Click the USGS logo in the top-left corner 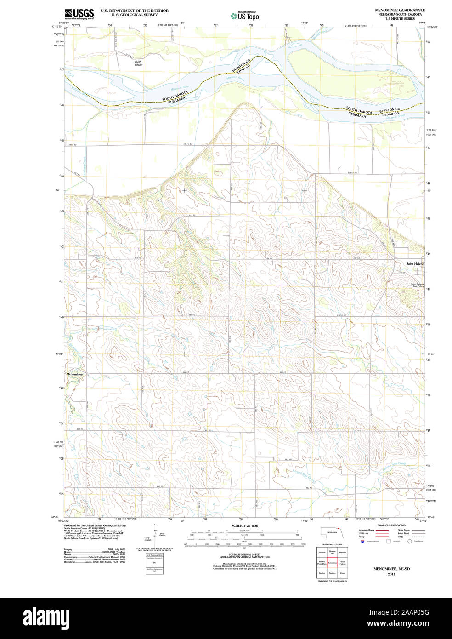click(x=79, y=14)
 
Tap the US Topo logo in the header click(x=244, y=16)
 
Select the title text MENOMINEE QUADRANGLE click(x=400, y=10)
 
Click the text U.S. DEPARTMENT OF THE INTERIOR click(x=135, y=11)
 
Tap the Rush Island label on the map click(x=138, y=63)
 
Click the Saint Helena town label click(x=415, y=264)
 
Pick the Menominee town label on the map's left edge click(x=74, y=374)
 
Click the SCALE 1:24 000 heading click(x=244, y=525)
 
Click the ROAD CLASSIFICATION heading click(x=391, y=525)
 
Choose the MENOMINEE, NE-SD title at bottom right click(x=391, y=569)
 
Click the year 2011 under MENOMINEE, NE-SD click(x=391, y=574)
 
